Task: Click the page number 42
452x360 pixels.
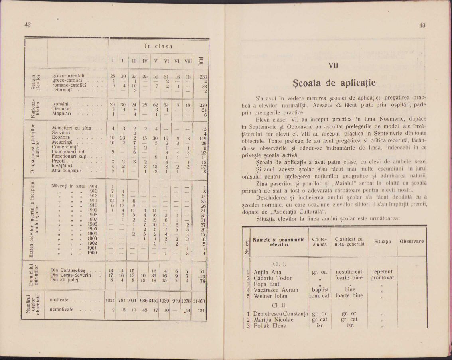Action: pos(28,25)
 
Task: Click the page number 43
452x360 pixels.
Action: pos(422,25)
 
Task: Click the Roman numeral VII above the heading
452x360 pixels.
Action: pos(333,65)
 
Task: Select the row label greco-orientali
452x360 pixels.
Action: pos(68,75)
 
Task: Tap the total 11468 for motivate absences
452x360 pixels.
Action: pos(199,300)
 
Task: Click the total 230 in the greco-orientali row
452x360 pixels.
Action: pos(202,76)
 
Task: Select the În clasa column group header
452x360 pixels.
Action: pos(158,46)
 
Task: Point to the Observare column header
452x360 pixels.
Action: pos(412,241)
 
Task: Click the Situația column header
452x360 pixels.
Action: pos(383,242)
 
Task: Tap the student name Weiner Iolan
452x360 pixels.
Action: pos(270,296)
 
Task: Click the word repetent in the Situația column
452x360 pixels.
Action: pos(382,272)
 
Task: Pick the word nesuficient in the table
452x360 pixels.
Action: pos(349,272)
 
